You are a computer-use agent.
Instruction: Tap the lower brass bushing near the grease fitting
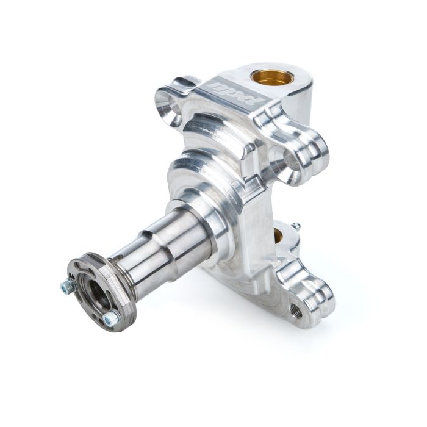coord(282,234)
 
